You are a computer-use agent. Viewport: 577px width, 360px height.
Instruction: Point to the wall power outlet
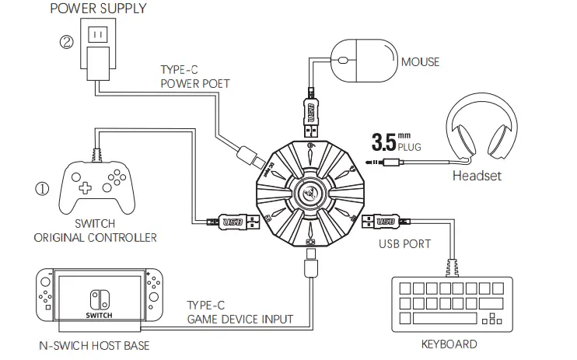[x=97, y=36]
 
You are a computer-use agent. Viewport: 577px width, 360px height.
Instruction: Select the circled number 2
[x=66, y=41]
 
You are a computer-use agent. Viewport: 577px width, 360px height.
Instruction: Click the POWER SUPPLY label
[x=97, y=9]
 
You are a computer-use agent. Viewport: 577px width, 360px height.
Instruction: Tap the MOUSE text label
[x=420, y=61]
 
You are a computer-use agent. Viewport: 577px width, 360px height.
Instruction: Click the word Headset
[x=477, y=176]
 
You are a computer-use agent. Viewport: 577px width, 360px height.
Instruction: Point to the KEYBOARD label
[x=449, y=343]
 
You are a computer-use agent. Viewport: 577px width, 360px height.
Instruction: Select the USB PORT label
[x=405, y=245]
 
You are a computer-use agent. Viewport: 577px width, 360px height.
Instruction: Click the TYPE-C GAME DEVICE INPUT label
[x=240, y=312]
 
